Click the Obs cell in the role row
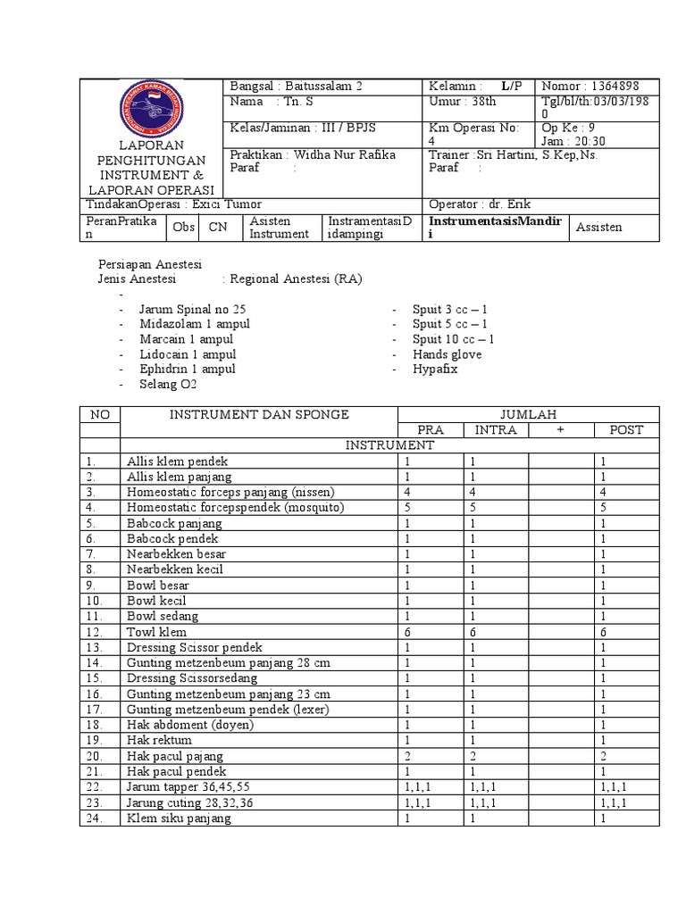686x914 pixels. (184, 227)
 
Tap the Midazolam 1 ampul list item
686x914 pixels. (195, 324)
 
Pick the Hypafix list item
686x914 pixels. (435, 370)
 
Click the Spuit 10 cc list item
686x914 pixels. (453, 339)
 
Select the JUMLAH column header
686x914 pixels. (529, 414)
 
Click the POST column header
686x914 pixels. (626, 429)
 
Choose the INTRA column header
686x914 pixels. (496, 429)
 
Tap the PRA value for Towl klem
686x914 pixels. (407, 632)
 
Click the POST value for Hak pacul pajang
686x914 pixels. (604, 756)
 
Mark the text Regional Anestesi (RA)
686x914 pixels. (296, 278)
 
